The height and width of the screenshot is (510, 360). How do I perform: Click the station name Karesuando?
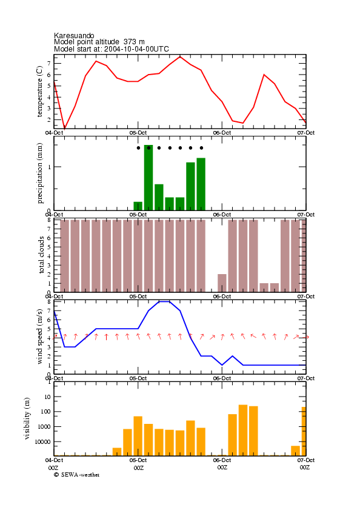pyautogui.click(x=74, y=35)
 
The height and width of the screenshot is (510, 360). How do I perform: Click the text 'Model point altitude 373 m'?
pyautogui.click(x=99, y=42)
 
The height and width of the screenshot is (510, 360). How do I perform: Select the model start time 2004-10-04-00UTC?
pyautogui.click(x=136, y=49)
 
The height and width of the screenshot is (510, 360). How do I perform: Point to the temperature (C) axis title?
pyautogui.click(x=39, y=92)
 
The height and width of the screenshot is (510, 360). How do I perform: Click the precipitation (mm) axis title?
pyautogui.click(x=39, y=173)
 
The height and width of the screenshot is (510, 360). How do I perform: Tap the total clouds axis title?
pyautogui.click(x=41, y=255)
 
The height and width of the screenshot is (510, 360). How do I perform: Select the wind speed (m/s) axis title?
pyautogui.click(x=39, y=337)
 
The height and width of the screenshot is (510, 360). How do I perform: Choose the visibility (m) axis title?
pyautogui.click(x=27, y=418)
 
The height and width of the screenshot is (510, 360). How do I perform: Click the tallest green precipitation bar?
pyautogui.click(x=148, y=178)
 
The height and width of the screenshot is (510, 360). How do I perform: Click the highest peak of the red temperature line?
pyautogui.click(x=180, y=56)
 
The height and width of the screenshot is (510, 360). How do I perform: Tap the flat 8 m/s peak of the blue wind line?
pyautogui.click(x=164, y=301)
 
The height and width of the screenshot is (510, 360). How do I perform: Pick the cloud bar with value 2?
pyautogui.click(x=222, y=283)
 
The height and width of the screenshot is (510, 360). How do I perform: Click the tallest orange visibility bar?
pyautogui.click(x=243, y=430)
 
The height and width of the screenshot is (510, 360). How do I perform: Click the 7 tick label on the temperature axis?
pyautogui.click(x=48, y=64)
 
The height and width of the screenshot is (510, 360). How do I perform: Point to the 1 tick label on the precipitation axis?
pyautogui.click(x=50, y=167)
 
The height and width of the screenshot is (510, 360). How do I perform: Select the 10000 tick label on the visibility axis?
pyautogui.click(x=43, y=441)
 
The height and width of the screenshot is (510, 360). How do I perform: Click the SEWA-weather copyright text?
pyautogui.click(x=77, y=475)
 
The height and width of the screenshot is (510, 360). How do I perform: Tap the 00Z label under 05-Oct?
pyautogui.click(x=139, y=468)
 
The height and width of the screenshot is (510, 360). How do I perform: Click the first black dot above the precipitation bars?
pyautogui.click(x=139, y=148)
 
